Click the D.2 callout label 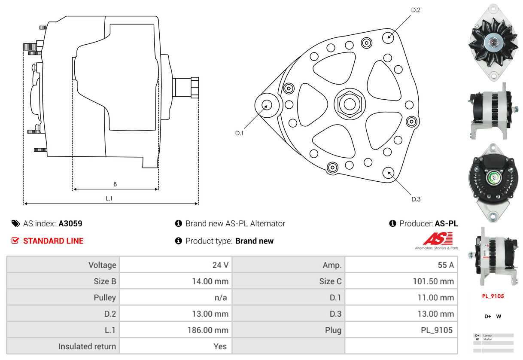(x=415, y=10)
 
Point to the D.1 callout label (x=239, y=133)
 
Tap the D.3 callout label (x=416, y=199)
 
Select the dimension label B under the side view (x=115, y=184)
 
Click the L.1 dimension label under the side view (x=109, y=198)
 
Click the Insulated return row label (x=87, y=346)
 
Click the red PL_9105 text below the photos (x=493, y=296)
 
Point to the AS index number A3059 (x=70, y=223)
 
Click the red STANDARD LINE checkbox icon (x=15, y=241)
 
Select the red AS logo (x=438, y=238)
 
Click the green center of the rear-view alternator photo (x=493, y=177)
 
